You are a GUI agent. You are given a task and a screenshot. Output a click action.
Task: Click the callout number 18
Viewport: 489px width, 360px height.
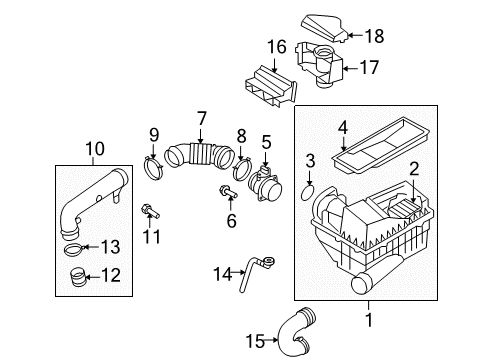375,36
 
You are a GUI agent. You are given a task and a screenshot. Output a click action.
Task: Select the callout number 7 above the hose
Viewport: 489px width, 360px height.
202,119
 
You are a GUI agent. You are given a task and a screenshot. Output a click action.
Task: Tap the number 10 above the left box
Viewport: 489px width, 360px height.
95,149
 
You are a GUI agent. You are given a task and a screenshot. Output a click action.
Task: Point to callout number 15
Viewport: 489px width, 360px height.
255,341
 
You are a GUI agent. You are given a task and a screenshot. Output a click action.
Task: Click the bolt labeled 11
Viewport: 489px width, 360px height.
150,211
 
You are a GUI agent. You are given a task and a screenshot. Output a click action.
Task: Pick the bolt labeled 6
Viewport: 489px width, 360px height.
228,192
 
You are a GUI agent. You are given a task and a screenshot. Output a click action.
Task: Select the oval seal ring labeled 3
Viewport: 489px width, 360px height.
307,193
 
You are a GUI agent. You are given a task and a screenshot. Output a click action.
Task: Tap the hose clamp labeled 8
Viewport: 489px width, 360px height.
243,169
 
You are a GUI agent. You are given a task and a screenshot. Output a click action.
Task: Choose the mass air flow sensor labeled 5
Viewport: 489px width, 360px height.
266,184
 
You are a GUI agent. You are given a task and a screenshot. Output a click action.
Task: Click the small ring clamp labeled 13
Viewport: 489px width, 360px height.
72,249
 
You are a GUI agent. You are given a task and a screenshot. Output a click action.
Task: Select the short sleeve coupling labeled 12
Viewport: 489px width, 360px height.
78,278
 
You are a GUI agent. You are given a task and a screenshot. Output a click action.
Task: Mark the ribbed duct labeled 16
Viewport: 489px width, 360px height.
271,86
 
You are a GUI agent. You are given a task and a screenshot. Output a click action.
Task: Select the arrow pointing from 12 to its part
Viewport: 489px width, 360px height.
93,276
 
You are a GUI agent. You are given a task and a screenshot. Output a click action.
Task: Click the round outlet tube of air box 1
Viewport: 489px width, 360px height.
365,283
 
